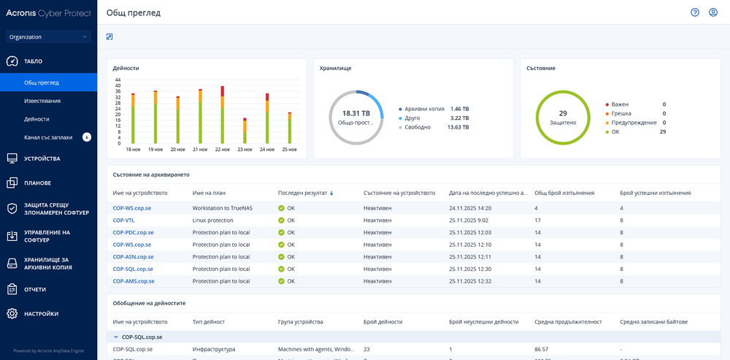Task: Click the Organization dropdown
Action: coord(48,37)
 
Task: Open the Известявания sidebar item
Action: coord(42,101)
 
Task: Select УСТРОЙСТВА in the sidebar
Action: coord(42,158)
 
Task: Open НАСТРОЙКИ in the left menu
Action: coord(42,314)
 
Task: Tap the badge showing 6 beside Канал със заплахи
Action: coord(86,137)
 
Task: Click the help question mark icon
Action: coord(695,12)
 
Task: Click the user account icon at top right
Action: coord(713,12)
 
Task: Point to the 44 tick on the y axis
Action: coord(118,80)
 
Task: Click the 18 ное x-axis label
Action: coord(133,149)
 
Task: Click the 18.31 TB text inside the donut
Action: coord(356,113)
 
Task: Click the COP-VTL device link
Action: coord(123,220)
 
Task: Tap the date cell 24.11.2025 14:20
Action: coord(469,208)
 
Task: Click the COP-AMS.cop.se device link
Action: coord(134,281)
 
